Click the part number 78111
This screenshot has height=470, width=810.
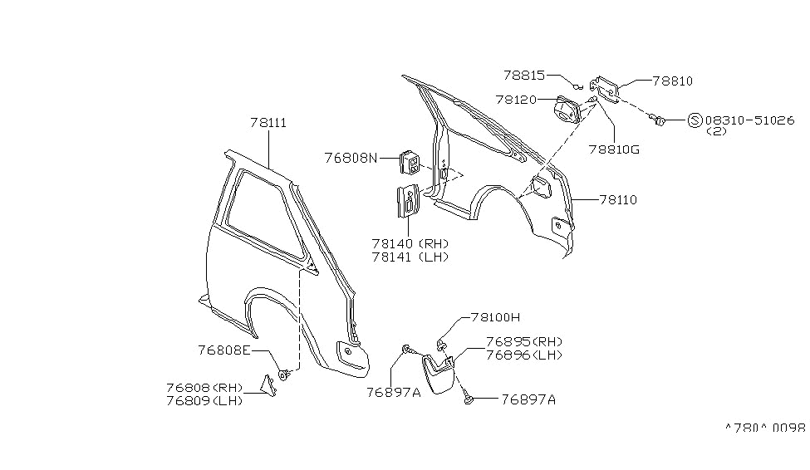(268, 123)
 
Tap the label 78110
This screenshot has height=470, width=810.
(618, 199)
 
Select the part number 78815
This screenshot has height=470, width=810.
(524, 76)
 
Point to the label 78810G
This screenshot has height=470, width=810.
(614, 149)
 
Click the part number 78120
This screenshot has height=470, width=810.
(516, 99)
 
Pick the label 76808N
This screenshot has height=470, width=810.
(351, 158)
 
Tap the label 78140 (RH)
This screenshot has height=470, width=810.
(410, 243)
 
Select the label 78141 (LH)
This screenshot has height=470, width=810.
(410, 257)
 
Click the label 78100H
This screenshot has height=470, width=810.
(495, 317)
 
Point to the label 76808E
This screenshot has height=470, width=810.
(224, 350)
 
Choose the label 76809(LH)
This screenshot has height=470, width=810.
(204, 400)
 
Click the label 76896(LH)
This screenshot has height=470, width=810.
(524, 355)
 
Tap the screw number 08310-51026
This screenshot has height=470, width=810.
(749, 120)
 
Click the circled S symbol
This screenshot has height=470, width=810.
(695, 121)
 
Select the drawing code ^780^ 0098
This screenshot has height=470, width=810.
(765, 428)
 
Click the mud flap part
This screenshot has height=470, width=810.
(438, 372)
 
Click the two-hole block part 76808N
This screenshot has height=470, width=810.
(410, 163)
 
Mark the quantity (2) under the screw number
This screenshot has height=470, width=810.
(716, 131)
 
